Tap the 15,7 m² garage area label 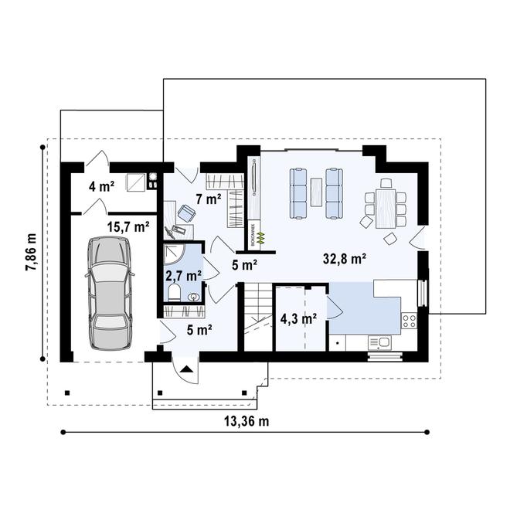point(128,226)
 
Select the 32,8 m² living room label point(344,259)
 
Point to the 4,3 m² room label point(298,318)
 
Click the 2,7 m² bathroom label point(183,274)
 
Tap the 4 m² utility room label point(101,185)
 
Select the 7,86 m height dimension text point(30,253)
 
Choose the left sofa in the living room point(298,192)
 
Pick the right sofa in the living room point(335,192)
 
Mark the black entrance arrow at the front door point(186,371)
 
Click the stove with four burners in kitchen point(409,319)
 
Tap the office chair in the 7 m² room point(187,212)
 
